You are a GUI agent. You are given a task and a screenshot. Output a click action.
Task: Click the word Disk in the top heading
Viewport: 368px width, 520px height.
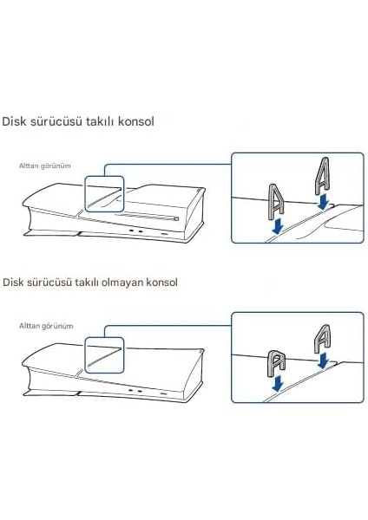coord(16,121)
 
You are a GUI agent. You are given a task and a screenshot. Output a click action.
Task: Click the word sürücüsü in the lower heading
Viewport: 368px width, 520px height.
coord(56,283)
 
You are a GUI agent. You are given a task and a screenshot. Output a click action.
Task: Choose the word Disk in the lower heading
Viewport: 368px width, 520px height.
coord(16,283)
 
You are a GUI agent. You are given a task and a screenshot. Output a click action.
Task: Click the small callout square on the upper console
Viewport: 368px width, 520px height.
coord(104,194)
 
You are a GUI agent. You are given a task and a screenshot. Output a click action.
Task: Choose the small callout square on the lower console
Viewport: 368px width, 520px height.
coord(104,355)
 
